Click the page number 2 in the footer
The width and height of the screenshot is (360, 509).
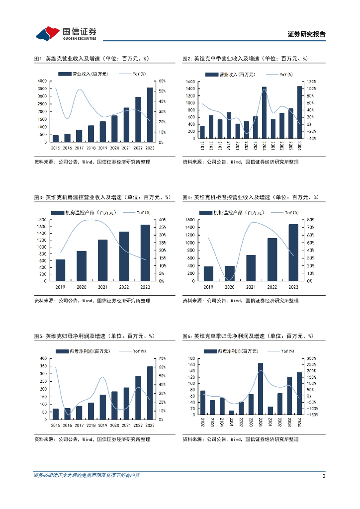[324, 476]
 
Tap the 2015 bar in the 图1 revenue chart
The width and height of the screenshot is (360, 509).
[56, 138]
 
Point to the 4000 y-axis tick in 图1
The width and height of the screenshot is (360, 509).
[42, 81]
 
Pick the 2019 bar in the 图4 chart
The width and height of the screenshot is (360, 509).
[208, 273]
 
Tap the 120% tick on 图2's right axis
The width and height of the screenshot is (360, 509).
[311, 81]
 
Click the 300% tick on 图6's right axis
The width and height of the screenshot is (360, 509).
[309, 358]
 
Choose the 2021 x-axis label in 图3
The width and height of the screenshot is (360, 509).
[102, 287]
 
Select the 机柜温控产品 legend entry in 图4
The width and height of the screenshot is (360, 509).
[231, 212]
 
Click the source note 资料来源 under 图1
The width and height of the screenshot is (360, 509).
[92, 162]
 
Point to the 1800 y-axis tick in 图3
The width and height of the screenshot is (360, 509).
[42, 220]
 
